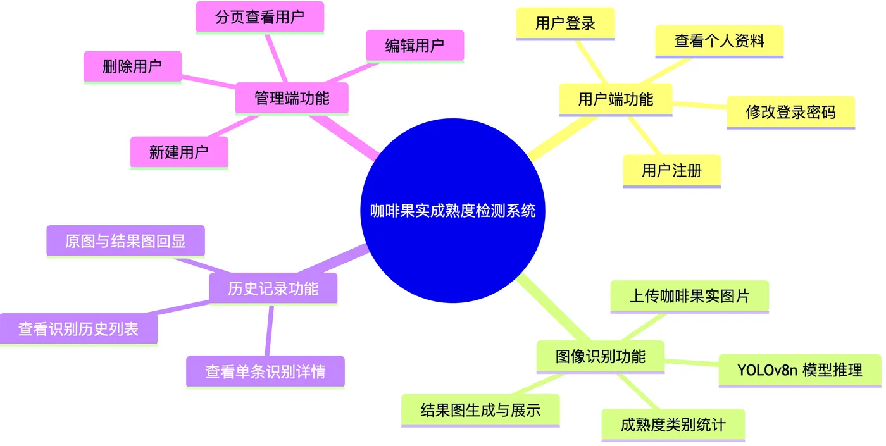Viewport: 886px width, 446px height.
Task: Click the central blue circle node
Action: pos(452,210)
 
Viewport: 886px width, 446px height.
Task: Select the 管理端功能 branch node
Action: pos(292,98)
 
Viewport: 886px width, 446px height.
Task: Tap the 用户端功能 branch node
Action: pos(615,99)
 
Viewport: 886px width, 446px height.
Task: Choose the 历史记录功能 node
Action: pos(273,288)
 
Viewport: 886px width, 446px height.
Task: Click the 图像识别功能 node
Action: pos(600,356)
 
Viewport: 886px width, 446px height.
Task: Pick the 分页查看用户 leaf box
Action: pos(259,17)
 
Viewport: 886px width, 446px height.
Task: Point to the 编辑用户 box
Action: pos(415,46)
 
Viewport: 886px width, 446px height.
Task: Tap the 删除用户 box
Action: pos(132,66)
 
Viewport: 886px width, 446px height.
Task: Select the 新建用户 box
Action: pos(179,152)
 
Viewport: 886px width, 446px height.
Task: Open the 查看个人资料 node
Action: pos(719,41)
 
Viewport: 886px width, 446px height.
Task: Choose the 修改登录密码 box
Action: pos(790,112)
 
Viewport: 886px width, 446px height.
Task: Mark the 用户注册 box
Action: pos(671,170)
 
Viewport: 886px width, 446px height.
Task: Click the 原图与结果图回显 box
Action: pos(125,241)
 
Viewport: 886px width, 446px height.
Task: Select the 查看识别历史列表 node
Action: pos(78,329)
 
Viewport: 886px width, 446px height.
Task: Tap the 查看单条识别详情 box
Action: pos(265,371)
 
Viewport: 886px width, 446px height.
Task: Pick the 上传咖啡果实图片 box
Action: pos(689,296)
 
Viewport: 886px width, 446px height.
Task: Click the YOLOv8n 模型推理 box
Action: pos(799,370)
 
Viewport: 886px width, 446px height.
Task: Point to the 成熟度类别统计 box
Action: pos(673,424)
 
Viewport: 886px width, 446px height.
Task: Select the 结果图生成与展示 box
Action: pos(480,410)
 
